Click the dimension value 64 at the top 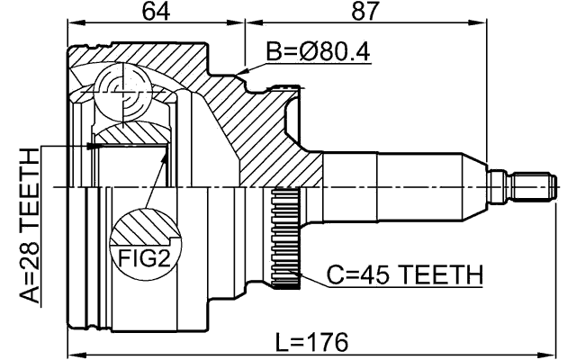click(x=156, y=12)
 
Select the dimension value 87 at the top click(x=364, y=12)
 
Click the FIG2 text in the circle click(x=145, y=259)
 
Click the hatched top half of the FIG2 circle click(x=145, y=228)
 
